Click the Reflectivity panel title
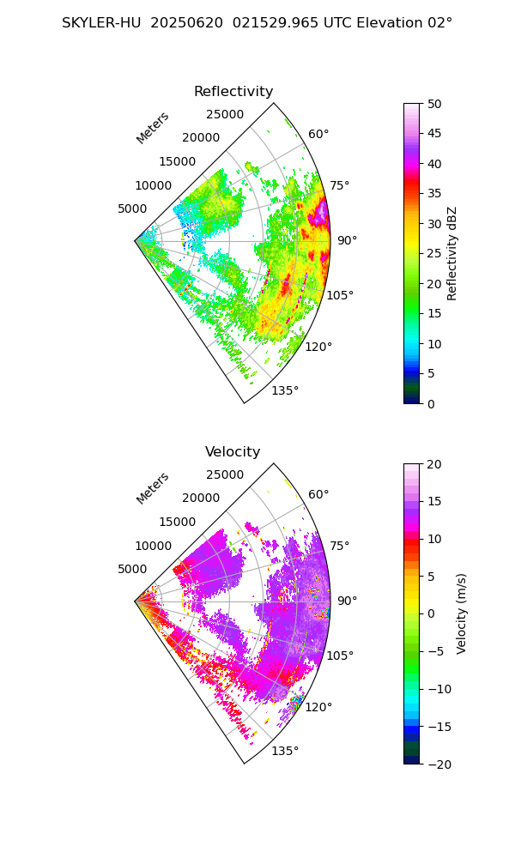(x=233, y=92)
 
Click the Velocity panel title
(x=233, y=452)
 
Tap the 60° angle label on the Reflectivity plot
(x=318, y=134)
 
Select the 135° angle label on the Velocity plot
(x=285, y=751)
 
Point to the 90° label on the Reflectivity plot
(x=346, y=240)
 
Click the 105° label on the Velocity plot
(x=340, y=656)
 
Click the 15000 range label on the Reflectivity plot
(x=177, y=161)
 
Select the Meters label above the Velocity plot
(x=153, y=488)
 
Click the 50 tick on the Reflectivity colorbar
(x=435, y=104)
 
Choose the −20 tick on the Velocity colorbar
(x=439, y=764)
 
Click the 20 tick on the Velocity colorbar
(x=435, y=464)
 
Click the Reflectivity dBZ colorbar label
(x=452, y=253)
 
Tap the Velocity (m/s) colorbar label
(x=462, y=613)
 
